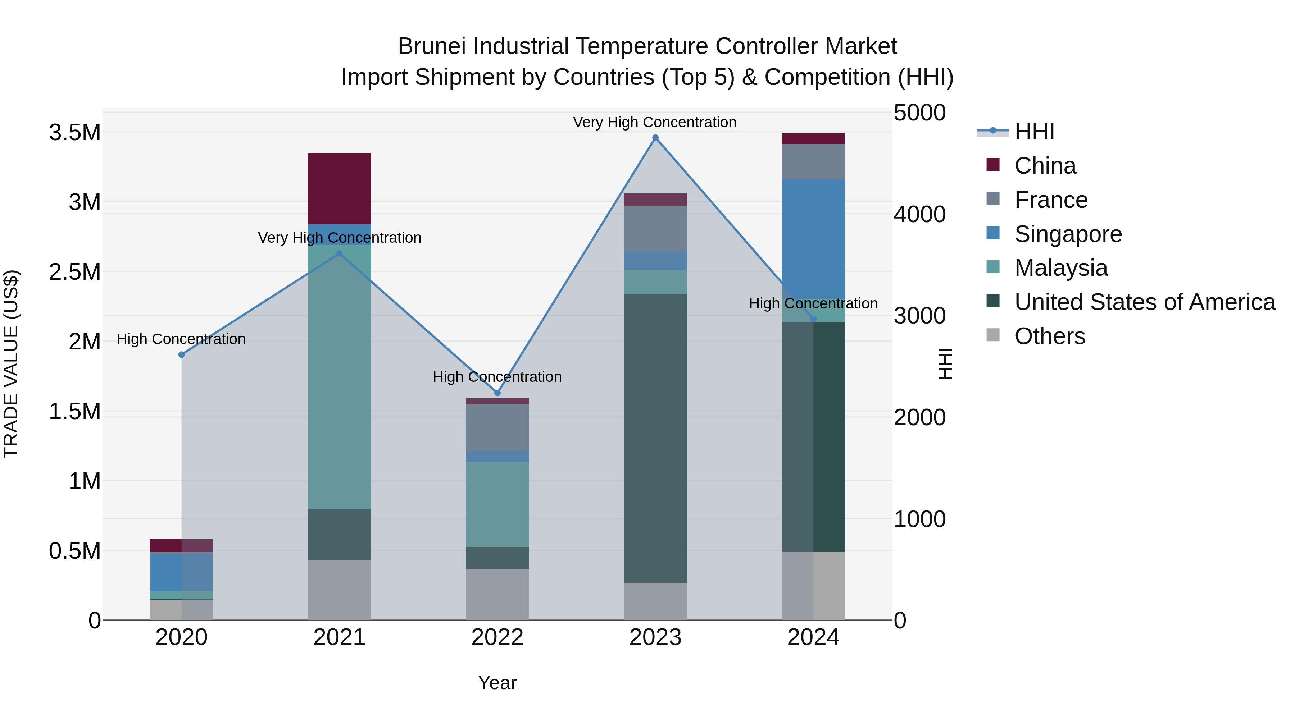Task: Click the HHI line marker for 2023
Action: click(655, 138)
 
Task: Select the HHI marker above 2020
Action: click(182, 355)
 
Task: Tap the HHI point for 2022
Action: click(497, 393)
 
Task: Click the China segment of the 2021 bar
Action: click(339, 188)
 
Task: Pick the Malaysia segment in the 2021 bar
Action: click(339, 377)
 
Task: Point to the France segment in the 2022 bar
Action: click(497, 427)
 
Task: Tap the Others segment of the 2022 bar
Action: click(497, 594)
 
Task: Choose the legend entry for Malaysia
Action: click(1061, 268)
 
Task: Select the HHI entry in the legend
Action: click(1034, 132)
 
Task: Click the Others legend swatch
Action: click(993, 335)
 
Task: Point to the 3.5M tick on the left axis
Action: click(74, 133)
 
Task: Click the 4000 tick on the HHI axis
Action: click(919, 215)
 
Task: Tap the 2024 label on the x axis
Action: click(813, 637)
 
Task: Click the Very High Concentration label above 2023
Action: click(655, 122)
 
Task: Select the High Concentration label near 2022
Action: click(497, 377)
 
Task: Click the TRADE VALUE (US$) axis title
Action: click(11, 364)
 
